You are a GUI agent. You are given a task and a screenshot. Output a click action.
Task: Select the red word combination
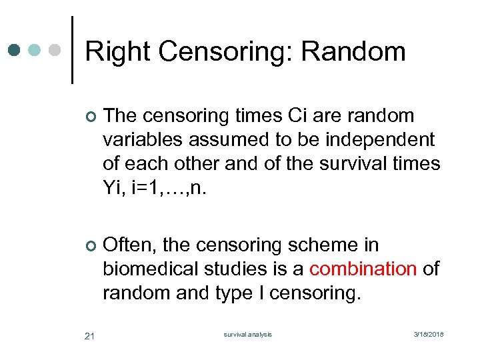(363, 269)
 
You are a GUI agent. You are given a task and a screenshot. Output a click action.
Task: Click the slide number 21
(90, 335)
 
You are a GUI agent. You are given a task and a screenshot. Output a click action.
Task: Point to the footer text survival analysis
(248, 335)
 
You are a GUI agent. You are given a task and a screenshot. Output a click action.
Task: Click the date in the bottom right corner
(428, 335)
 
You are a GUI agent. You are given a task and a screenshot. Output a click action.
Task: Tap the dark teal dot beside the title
(15, 50)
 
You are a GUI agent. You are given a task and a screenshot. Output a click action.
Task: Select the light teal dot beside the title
(36, 50)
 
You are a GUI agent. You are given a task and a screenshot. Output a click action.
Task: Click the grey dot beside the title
(57, 50)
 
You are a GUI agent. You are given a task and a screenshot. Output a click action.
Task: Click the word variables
(143, 139)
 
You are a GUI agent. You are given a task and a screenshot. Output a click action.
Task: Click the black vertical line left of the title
(72, 50)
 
